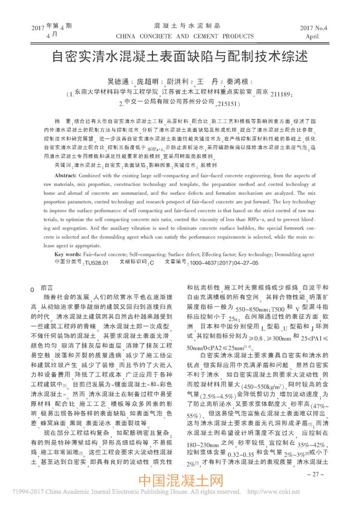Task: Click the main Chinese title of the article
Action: point(180,58)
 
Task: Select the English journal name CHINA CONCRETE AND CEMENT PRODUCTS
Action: point(179,36)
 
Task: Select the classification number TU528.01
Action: point(96,263)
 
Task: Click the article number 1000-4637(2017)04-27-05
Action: point(222,263)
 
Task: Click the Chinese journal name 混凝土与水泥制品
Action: point(179,26)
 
